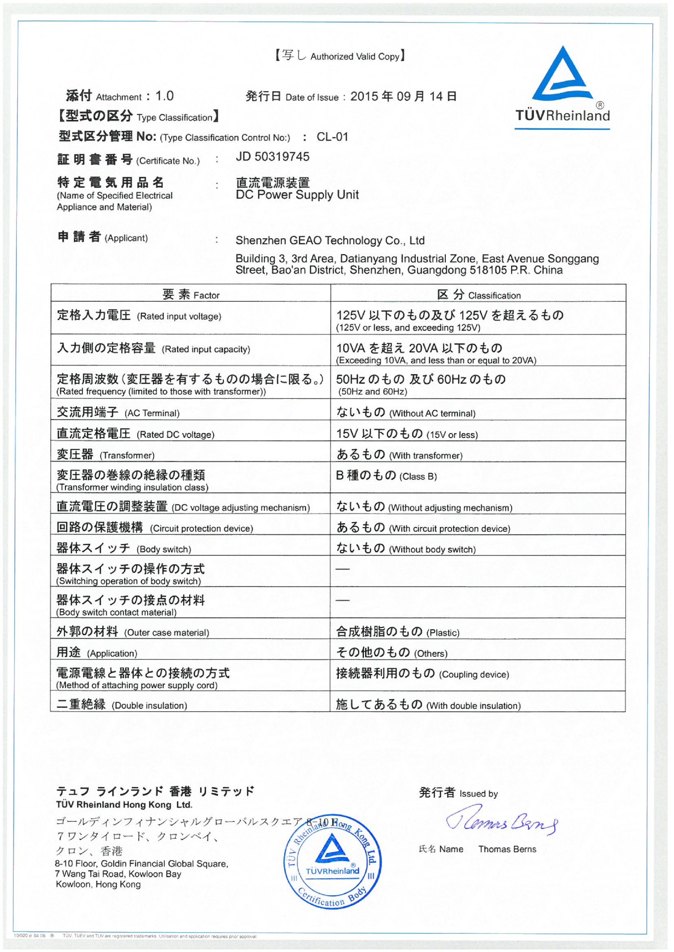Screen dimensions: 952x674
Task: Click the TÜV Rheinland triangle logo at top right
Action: (x=562, y=74)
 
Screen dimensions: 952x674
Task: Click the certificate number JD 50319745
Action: (x=272, y=157)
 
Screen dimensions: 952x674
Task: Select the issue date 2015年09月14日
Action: (x=403, y=96)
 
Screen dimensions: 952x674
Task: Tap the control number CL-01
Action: (x=332, y=137)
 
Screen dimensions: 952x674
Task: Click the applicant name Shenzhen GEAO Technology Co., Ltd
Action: (x=330, y=241)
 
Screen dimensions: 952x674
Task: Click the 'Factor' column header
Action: (x=191, y=295)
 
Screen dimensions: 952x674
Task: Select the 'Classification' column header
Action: (x=478, y=295)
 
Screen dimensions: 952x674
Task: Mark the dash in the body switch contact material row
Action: (x=342, y=600)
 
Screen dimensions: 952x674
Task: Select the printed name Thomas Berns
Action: (x=507, y=849)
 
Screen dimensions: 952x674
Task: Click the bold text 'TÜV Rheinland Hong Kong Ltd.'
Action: (x=124, y=805)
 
